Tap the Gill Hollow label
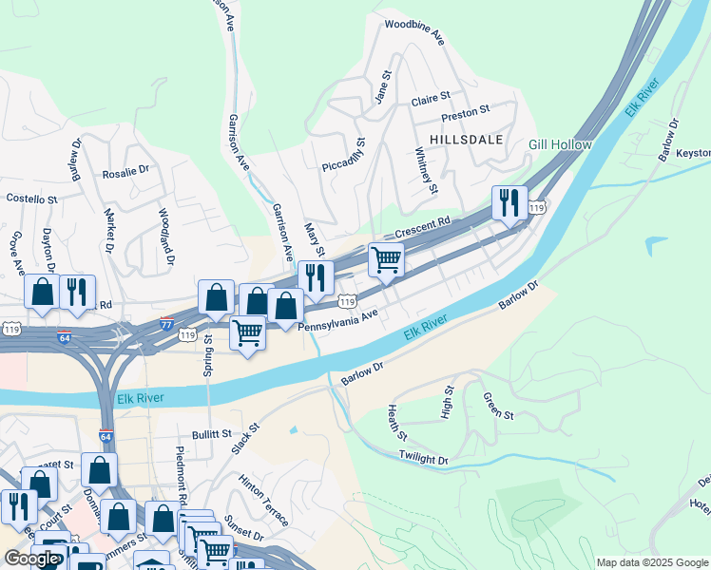coord(561,145)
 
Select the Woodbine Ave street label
coord(414,30)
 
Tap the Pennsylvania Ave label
coord(338,319)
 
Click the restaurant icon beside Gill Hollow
coord(509,202)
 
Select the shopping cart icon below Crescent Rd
coord(385,259)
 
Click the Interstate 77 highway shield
coord(167,323)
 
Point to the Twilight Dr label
coord(424,459)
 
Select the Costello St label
coord(32,199)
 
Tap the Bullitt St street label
coord(211,434)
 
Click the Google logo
coord(31,559)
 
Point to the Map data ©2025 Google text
coord(651,562)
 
